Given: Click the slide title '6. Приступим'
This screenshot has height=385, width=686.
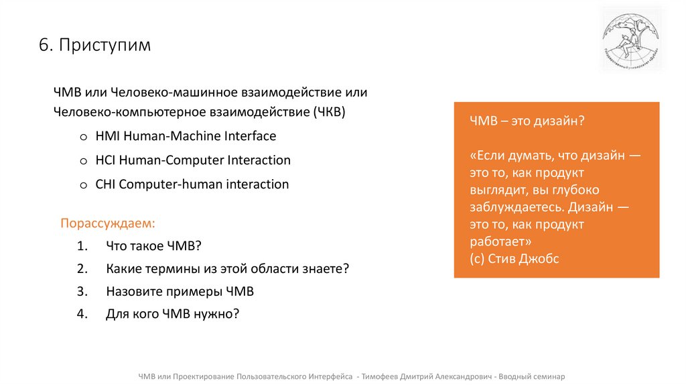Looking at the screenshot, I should [94, 45].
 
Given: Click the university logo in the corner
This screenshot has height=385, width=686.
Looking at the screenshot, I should [630, 38].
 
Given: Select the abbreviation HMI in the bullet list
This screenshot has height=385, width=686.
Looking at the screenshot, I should [106, 136].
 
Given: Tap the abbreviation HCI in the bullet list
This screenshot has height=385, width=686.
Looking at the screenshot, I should [105, 160].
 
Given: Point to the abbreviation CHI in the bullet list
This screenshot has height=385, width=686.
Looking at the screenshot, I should [105, 184].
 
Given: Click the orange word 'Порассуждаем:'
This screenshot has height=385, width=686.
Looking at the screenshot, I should [108, 222].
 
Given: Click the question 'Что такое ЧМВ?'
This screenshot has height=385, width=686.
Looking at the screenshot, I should [153, 245].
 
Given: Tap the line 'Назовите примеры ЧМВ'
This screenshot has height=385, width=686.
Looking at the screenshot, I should [180, 292].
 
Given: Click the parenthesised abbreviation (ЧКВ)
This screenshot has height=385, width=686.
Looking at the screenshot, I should [329, 111].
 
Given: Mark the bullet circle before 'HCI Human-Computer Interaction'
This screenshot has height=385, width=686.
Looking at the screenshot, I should [83, 161].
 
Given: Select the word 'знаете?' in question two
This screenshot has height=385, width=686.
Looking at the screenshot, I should [327, 268].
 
